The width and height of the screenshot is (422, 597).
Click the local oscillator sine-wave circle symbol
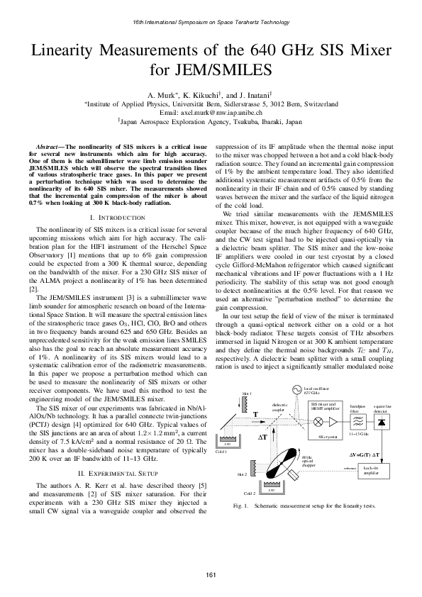point(296,390)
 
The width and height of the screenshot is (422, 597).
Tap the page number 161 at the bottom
point(211,574)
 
